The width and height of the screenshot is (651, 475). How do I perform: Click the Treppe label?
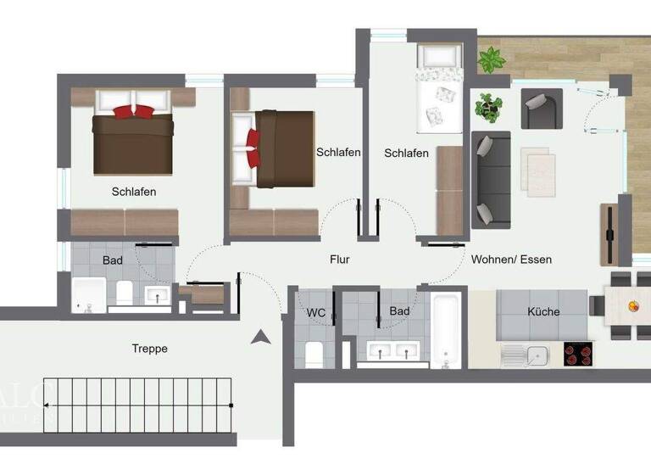149,348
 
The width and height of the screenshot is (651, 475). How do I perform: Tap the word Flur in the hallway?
340,260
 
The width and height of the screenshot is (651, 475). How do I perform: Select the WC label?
316,312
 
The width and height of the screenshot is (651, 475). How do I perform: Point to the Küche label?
543,311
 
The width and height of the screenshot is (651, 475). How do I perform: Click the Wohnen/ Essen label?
511,259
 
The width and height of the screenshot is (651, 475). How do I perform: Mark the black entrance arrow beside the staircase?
260,338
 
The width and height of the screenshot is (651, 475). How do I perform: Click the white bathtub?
446,330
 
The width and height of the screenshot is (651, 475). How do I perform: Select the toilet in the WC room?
314,352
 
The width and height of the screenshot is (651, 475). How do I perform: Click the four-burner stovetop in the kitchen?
579,354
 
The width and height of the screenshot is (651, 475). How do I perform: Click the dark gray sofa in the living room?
490,178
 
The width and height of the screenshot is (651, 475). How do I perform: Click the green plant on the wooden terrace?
492,60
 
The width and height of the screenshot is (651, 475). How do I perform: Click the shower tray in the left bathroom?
89,294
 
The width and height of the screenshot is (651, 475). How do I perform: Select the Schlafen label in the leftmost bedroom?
134,192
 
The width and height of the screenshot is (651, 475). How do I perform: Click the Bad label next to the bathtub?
398,311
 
